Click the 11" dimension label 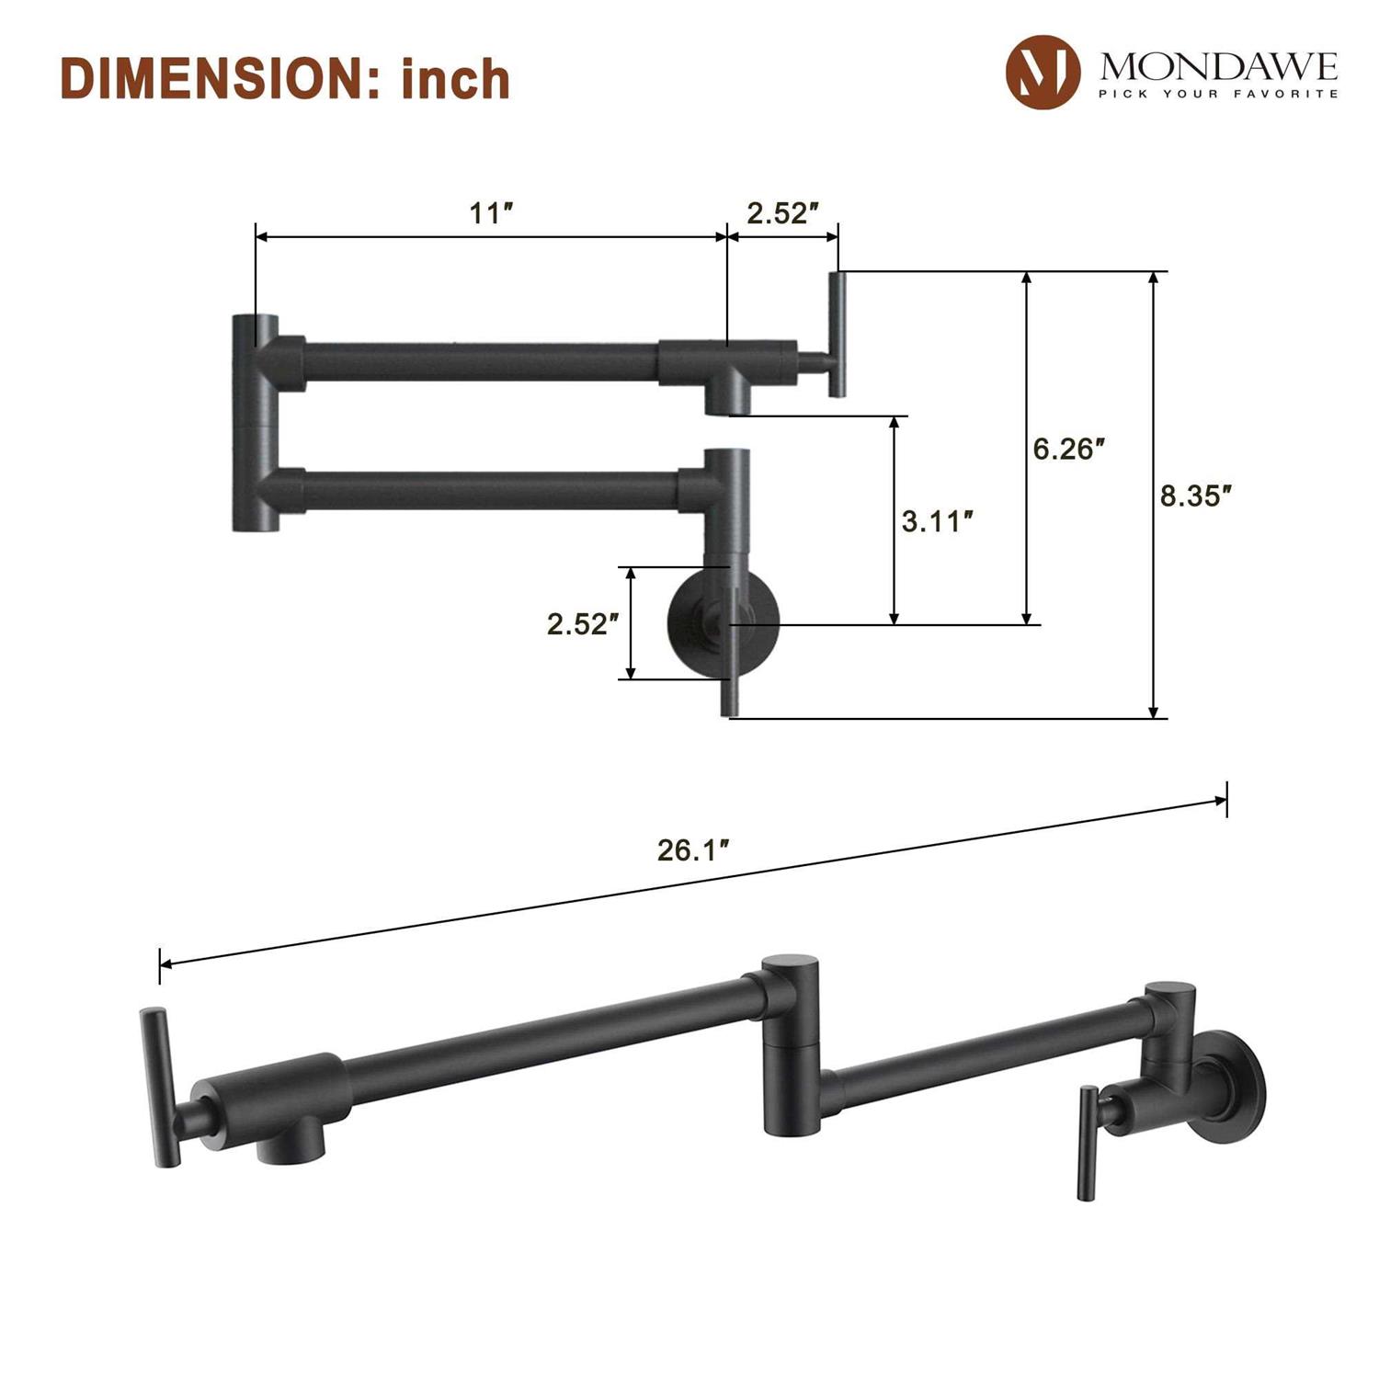(491, 213)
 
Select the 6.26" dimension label (1068, 449)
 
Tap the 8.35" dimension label (1195, 496)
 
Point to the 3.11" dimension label (937, 521)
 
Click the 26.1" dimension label (693, 850)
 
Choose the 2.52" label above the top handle (782, 213)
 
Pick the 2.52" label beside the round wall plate (583, 623)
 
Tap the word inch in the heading (456, 78)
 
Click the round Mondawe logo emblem (1043, 72)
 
